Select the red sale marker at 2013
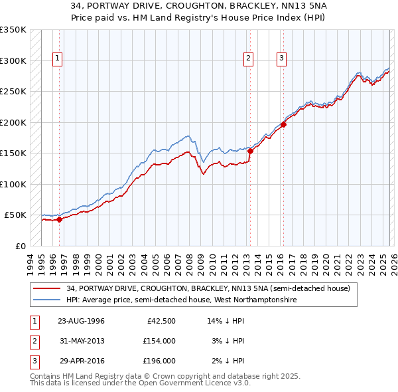[250, 151]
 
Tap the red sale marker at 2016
[283, 124]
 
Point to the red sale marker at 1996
[59, 219]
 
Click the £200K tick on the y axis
[13, 122]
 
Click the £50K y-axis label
[15, 215]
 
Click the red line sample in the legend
[47, 288]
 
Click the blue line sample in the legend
[47, 300]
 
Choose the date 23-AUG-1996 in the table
[81, 321]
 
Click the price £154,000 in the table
[159, 341]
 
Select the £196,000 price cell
[159, 361]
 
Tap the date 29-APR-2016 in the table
[81, 361]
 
